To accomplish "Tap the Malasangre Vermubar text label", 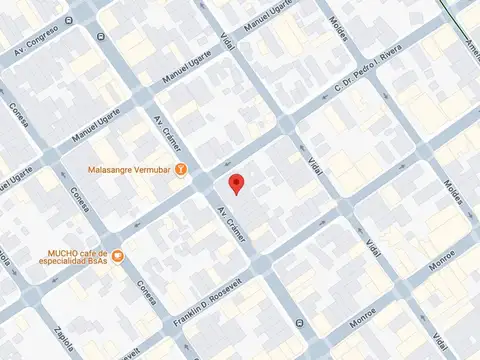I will (129, 169).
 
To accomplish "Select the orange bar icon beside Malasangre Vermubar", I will (181, 169).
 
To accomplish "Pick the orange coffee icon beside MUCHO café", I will (117, 256).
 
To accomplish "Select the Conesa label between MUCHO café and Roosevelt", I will (147, 291).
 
